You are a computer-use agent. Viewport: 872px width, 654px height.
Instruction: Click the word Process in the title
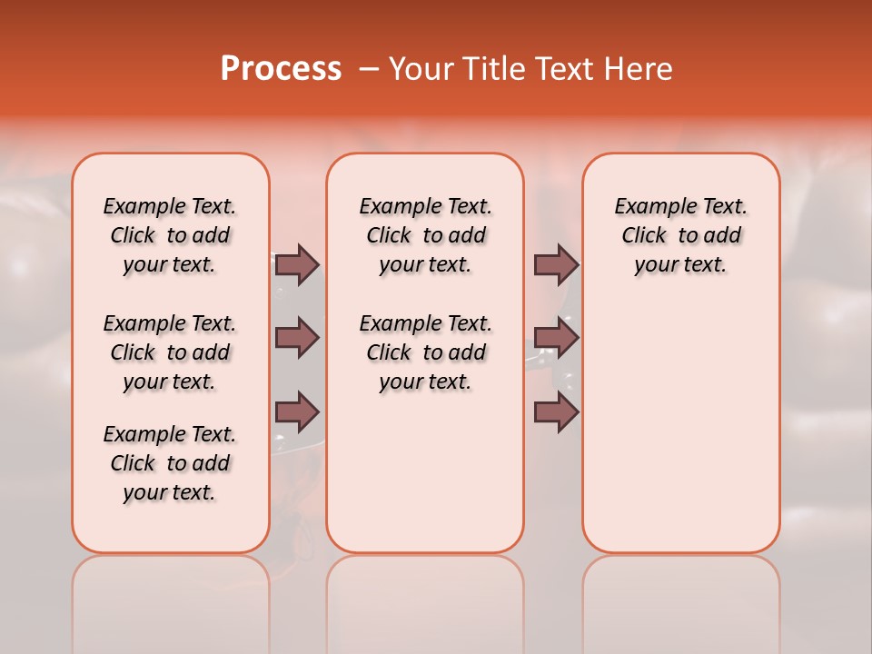281,69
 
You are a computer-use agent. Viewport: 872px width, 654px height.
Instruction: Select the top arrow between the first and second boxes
297,264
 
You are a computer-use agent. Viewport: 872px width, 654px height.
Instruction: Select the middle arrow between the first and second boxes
297,338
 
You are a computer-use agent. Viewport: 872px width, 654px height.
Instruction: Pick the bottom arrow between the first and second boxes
297,412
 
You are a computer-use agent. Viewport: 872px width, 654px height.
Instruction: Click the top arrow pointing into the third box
556,264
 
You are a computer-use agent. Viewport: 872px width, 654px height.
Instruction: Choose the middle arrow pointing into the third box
556,338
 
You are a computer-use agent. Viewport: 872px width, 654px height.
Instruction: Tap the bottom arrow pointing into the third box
556,412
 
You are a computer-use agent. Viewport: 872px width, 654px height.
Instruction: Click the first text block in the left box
170,235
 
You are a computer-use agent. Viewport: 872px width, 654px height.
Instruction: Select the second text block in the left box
170,352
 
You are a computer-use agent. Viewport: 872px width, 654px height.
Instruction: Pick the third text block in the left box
170,463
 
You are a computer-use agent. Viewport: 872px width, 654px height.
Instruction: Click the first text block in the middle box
425,235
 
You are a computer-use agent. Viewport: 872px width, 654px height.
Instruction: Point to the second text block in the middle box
425,352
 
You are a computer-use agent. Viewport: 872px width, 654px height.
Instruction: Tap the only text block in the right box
681,235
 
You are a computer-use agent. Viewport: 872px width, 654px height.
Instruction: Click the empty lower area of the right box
681,427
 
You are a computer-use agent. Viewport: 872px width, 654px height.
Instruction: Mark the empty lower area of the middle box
425,472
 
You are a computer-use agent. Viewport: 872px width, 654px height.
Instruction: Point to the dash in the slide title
369,69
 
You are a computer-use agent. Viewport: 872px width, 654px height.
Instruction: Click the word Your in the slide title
421,69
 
